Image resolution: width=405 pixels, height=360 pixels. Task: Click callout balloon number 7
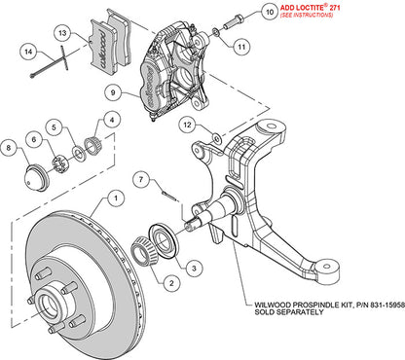(x=141, y=178)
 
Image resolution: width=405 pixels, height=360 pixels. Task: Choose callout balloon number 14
(x=29, y=52)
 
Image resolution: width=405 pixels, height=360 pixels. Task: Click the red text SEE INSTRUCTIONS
(x=285, y=20)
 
